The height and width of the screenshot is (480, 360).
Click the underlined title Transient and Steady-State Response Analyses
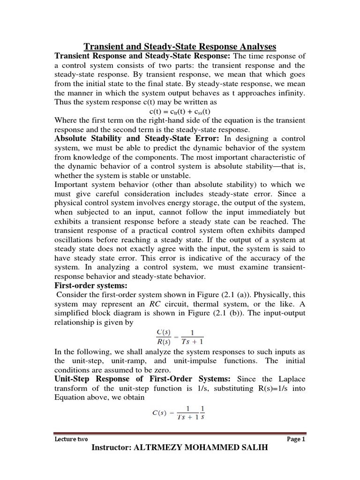[180, 46]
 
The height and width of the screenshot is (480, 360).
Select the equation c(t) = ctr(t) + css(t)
[180, 112]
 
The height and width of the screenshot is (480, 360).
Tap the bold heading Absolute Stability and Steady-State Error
[138, 139]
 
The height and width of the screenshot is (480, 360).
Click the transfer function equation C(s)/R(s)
[180, 337]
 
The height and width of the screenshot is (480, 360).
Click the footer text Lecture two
[68, 439]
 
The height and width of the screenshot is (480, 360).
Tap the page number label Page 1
[295, 439]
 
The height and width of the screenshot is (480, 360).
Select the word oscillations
[75, 240]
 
